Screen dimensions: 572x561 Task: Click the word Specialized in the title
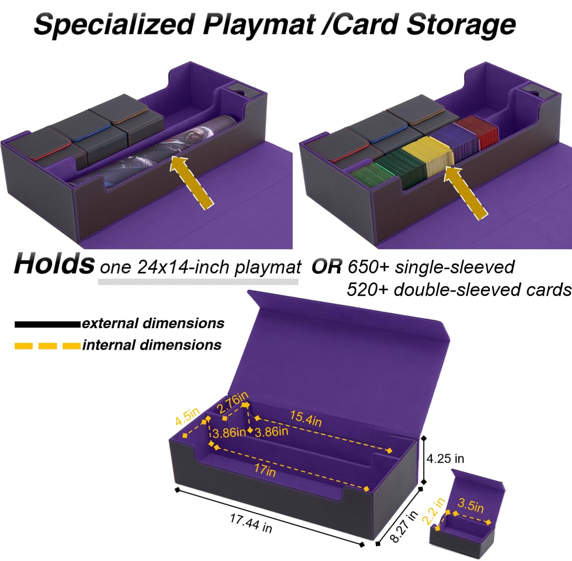[114, 24]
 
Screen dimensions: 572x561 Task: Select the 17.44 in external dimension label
[251, 523]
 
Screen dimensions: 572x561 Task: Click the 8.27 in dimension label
[403, 526]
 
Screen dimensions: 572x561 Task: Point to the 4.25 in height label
[445, 458]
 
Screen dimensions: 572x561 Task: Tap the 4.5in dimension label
[187, 416]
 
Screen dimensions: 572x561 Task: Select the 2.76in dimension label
[232, 403]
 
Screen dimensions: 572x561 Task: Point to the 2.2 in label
[433, 510]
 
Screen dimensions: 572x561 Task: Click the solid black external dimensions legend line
[47, 324]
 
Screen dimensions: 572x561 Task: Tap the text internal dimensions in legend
[152, 345]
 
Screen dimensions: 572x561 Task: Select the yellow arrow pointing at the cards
[466, 192]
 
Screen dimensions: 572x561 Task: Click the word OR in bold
[326, 267]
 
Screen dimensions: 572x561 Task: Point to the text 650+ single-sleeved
[431, 267]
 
